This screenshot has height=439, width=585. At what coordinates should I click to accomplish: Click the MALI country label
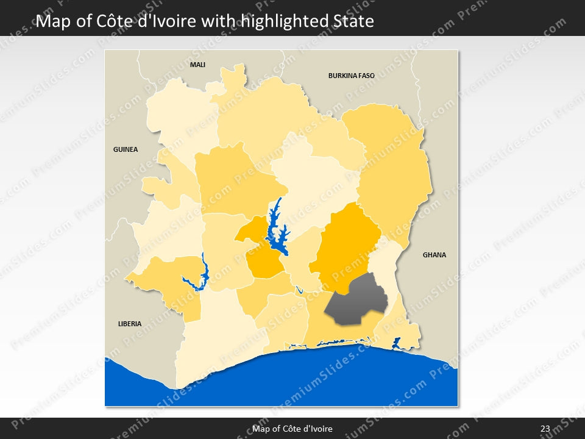[x=197, y=65]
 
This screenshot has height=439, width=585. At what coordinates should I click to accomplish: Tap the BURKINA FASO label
[x=351, y=76]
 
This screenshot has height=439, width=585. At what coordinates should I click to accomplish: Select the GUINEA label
[x=126, y=149]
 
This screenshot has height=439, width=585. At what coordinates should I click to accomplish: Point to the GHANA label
[x=434, y=255]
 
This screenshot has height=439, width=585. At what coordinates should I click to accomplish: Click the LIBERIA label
[x=130, y=324]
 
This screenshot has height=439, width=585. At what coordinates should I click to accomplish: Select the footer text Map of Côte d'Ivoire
[x=292, y=429]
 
